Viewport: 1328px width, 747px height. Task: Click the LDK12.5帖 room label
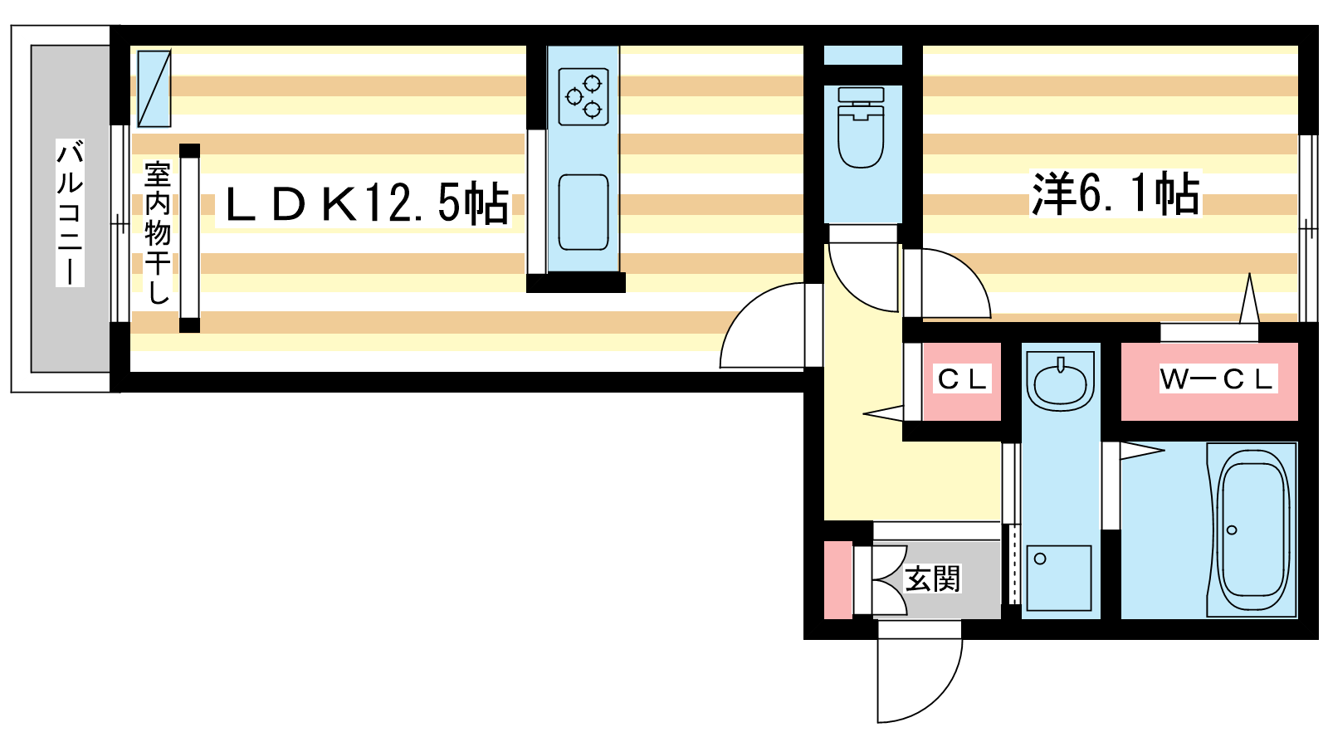[365, 204]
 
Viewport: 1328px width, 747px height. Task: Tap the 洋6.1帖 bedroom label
[1115, 194]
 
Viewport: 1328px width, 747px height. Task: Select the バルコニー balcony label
[71, 212]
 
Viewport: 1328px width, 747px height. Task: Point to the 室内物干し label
[158, 232]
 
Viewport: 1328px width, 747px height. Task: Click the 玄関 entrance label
[932, 579]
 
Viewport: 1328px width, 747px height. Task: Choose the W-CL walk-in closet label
[1216, 379]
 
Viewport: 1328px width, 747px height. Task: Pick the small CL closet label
[962, 379]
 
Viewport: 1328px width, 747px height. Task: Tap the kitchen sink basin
[583, 212]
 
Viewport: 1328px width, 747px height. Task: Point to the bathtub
[1253, 529]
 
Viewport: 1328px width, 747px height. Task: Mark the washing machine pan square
[1059, 578]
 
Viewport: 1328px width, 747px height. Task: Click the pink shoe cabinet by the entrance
[837, 579]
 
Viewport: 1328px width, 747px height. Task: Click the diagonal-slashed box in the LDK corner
[154, 89]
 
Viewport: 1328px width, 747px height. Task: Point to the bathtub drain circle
[1233, 530]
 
